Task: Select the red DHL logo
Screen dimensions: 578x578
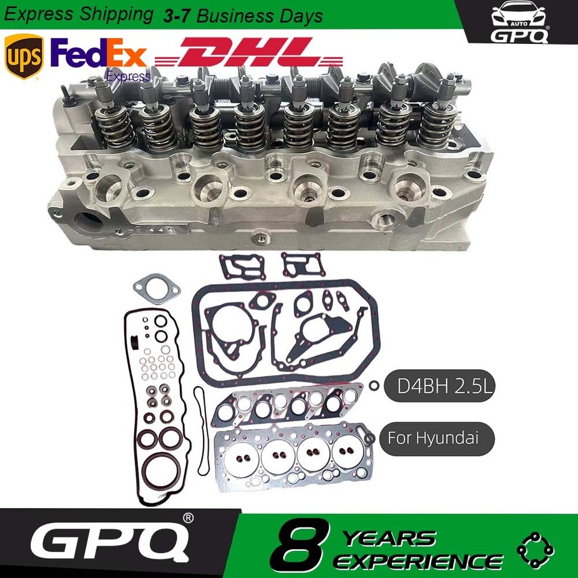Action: coord(249,52)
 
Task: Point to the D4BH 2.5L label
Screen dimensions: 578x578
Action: coord(440,386)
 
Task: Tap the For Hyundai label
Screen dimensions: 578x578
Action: coord(437,439)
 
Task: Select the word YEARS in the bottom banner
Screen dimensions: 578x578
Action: coord(390,539)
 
